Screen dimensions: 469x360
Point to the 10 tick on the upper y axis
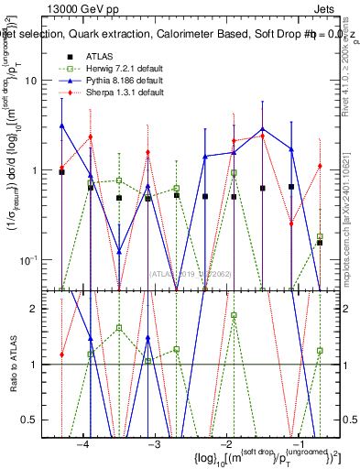[42, 80]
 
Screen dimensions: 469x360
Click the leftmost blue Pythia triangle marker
[61, 125]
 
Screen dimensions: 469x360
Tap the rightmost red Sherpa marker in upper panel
[319, 166]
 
